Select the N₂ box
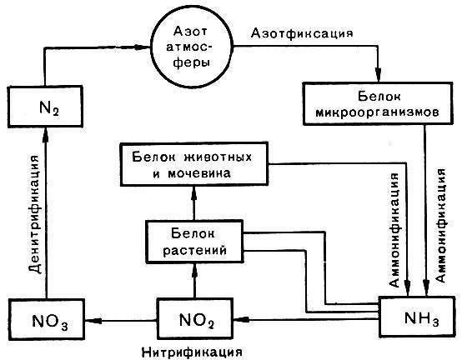coord(45,107)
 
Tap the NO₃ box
coord(45,318)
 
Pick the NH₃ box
coord(421,318)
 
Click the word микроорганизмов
coord(374,112)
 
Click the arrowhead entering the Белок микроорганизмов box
coord(378,75)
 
